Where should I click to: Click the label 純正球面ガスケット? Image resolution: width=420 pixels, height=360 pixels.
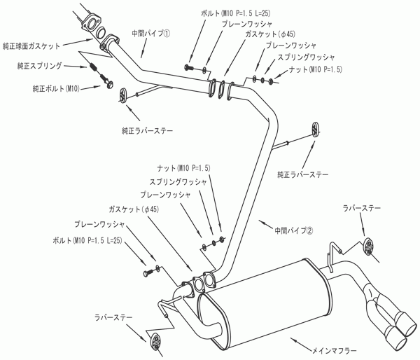pos(31,46)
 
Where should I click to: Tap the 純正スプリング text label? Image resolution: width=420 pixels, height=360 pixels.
pos(40,66)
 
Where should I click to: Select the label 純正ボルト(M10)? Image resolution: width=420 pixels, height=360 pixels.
pos(56,88)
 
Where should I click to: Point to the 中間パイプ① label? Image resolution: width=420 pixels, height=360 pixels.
pos(150,34)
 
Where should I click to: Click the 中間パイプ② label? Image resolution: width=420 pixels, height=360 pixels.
pos(294,230)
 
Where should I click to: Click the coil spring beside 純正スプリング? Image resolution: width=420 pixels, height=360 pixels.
pos(94,67)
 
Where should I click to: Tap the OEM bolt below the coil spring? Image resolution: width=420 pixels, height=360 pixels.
pos(107,81)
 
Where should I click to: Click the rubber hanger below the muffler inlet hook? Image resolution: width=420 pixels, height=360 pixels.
pos(155,341)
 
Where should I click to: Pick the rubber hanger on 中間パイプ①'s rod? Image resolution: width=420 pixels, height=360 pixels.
pos(123,95)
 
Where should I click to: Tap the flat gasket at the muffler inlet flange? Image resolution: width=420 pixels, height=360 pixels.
pos(197,285)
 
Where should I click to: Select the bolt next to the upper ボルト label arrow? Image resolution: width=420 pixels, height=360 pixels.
pos(188,67)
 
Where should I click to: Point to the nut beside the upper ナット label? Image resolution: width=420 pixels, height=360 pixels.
pos(271,81)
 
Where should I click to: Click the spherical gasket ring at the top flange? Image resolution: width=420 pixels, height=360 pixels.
pos(101,32)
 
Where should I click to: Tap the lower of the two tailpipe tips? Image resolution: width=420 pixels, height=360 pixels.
pos(395,338)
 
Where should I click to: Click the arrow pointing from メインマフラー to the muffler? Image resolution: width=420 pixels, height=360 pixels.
pos(301,343)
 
